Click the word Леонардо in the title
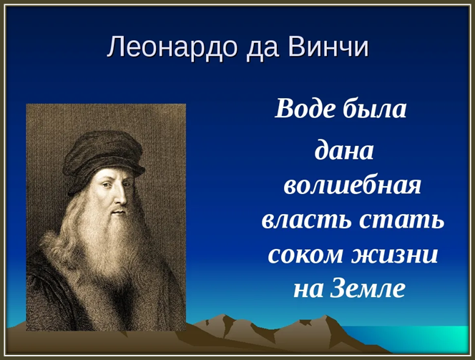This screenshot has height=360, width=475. point(172,47)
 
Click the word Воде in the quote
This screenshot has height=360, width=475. point(305,109)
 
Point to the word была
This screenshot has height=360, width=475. point(375,108)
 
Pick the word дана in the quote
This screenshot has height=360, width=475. point(344,150)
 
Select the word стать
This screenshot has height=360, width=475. point(402,221)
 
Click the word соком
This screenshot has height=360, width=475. point(305,256)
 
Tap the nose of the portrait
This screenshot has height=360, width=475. point(121,196)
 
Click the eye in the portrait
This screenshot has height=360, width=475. point(105,184)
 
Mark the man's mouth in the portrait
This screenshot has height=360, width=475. point(119,212)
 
